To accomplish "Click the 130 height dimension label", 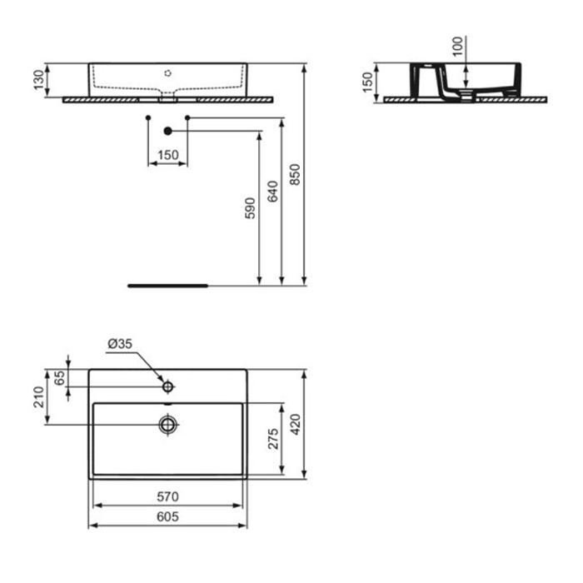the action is point(38,80).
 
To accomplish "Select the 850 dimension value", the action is point(295,175).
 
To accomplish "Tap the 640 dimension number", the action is point(272,192).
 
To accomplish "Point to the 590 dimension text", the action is point(250,208).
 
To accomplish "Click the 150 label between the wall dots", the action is point(168,155).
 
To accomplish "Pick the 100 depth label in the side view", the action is point(458,47).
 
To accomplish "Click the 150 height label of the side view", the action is point(367,82).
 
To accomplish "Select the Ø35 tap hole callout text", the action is point(120,344).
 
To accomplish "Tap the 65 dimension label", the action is point(59,378).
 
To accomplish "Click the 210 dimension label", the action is point(38,397).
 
